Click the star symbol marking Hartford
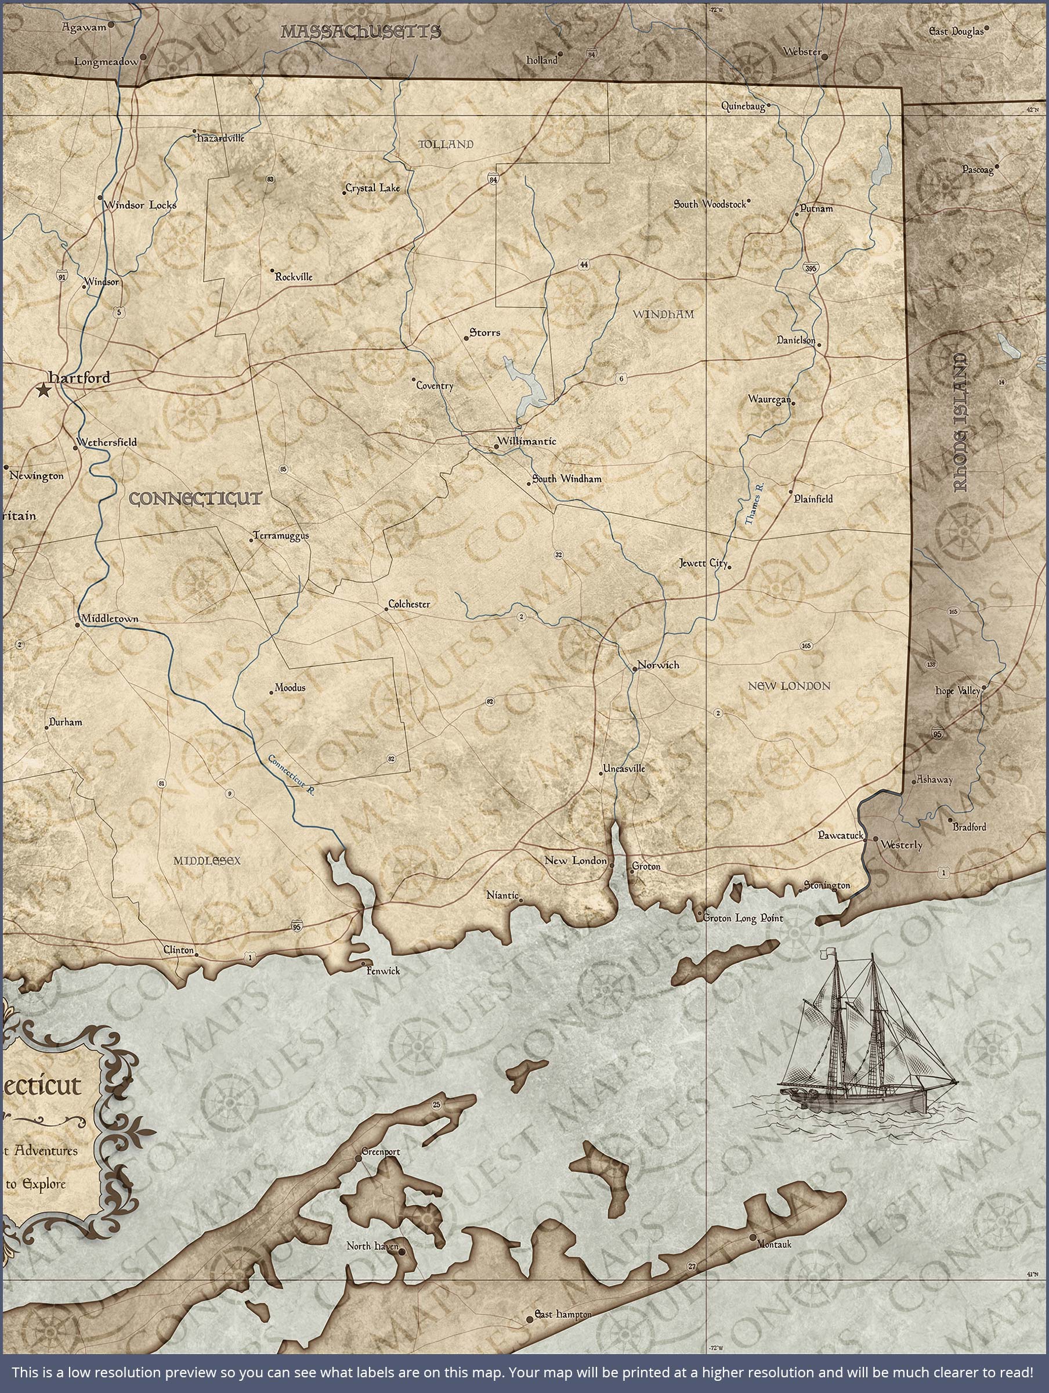click(44, 391)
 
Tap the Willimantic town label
click(526, 441)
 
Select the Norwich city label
click(658, 665)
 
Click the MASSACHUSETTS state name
click(360, 31)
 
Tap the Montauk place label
click(774, 1244)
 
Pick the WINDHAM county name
click(663, 313)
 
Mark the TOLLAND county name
click(446, 144)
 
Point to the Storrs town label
click(485, 332)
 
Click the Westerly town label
click(902, 845)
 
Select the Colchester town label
click(409, 604)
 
